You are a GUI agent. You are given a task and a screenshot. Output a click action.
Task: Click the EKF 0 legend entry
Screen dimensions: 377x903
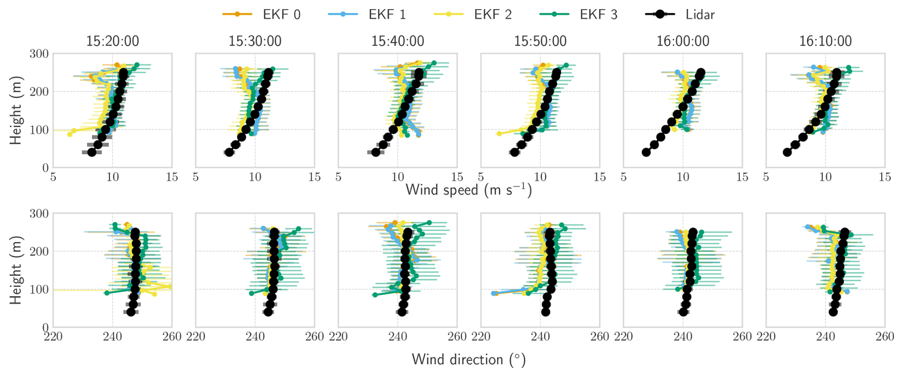262,14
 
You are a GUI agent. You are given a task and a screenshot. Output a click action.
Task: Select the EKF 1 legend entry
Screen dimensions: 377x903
367,14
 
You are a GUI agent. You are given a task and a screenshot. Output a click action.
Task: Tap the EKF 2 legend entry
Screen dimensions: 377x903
473,14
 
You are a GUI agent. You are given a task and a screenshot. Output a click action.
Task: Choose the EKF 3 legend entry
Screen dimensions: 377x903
579,14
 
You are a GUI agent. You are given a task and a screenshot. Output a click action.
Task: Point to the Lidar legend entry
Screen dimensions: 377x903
681,14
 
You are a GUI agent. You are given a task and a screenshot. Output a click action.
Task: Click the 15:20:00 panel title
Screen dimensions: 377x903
113,41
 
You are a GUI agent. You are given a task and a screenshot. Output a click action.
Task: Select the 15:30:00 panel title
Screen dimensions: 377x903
255,41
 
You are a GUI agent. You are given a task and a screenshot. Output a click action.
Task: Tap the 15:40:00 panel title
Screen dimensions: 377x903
398,41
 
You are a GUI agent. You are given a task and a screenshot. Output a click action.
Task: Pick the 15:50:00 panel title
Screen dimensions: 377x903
540,41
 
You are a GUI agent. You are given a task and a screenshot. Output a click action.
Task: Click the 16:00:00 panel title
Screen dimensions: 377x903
683,41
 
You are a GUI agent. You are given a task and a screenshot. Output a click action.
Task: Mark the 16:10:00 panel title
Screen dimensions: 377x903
826,41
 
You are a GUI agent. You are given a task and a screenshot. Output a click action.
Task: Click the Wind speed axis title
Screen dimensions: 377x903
469,190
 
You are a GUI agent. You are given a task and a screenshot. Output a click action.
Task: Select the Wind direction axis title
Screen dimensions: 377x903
469,359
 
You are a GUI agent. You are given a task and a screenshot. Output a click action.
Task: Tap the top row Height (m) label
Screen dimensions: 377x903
16,110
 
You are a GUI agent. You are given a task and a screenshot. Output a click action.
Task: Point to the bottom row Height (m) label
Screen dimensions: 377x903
16,270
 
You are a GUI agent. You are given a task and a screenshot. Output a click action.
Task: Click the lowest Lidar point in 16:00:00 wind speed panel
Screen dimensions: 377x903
646,152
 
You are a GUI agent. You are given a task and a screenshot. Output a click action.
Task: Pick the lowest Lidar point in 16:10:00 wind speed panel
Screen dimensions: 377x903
787,152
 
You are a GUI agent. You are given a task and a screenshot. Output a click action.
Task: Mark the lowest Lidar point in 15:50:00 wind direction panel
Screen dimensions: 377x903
546,312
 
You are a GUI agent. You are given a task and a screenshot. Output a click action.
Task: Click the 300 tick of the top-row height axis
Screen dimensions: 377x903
39,54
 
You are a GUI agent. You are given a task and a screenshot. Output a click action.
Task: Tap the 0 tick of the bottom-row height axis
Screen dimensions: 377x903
45,328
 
